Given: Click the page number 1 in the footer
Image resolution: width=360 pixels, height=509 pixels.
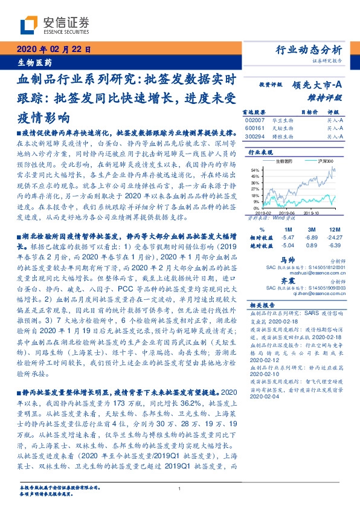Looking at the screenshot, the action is click(x=180, y=489).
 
